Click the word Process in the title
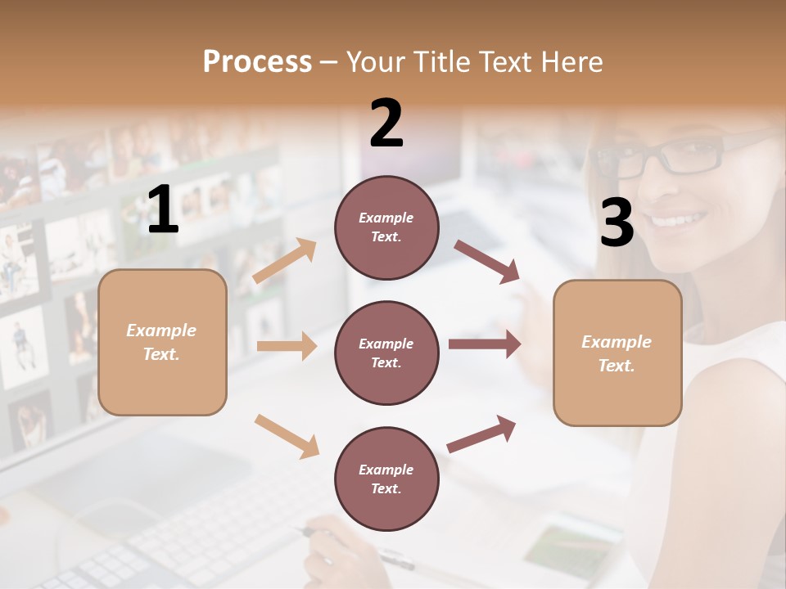[x=257, y=62]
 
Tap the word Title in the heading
[x=440, y=62]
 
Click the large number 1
[x=163, y=210]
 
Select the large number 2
[x=386, y=124]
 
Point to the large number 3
[x=617, y=223]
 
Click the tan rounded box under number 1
[x=162, y=342]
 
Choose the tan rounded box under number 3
[x=617, y=353]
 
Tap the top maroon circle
[x=386, y=227]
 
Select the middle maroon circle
[x=386, y=353]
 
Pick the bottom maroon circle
[x=386, y=479]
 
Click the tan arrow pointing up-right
[x=285, y=261]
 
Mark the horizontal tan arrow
[x=287, y=346]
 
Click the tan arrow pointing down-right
[x=287, y=436]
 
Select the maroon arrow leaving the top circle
[x=487, y=262]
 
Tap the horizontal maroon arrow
[x=485, y=344]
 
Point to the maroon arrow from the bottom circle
[x=481, y=434]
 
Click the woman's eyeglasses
[x=671, y=155]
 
